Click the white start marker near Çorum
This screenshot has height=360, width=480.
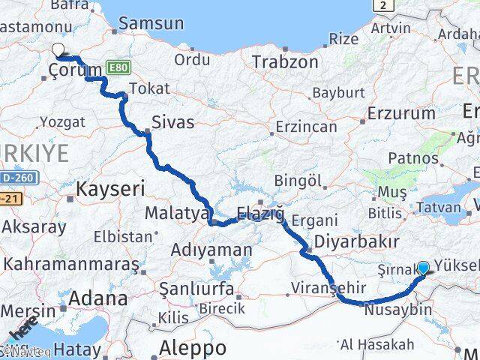tap(58, 51)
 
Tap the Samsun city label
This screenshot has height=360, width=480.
tap(151, 23)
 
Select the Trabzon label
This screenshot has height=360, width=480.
tap(285, 61)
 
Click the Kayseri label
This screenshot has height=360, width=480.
tap(110, 189)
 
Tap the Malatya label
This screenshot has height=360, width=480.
tap(176, 213)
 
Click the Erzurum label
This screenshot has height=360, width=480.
tap(401, 114)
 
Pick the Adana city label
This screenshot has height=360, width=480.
tap(97, 298)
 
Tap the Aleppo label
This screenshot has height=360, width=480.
tap(193, 348)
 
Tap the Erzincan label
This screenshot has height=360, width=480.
tap(306, 127)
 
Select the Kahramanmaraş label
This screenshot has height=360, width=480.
tap(72, 264)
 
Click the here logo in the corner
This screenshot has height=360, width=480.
tap(22, 330)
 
